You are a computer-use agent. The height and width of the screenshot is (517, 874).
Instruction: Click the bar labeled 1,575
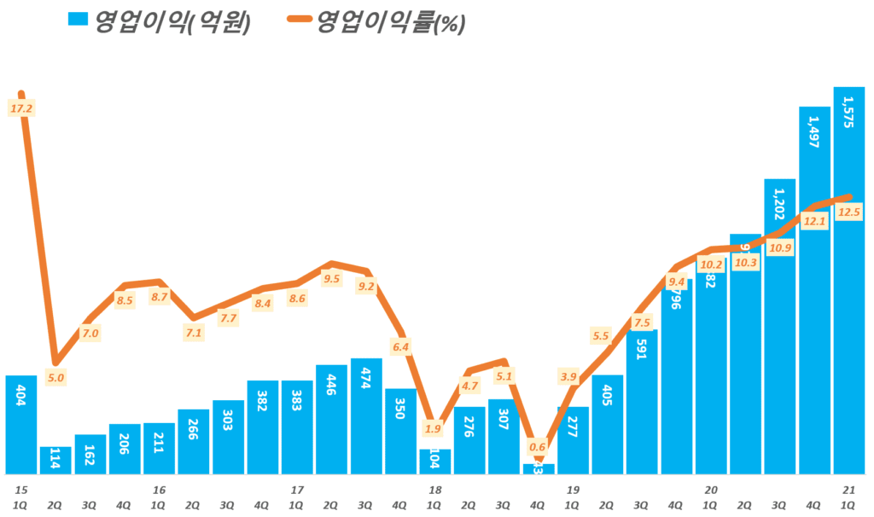[x=848, y=282]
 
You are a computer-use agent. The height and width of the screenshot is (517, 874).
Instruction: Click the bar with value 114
[x=55, y=461]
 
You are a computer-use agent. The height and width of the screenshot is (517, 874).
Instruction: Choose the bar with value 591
[x=642, y=401]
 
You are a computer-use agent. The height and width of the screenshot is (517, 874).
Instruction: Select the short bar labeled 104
[x=435, y=462]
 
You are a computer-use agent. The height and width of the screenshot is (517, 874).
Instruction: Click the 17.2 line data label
[x=20, y=108]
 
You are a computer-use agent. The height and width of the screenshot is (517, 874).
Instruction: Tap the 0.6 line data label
[x=538, y=446]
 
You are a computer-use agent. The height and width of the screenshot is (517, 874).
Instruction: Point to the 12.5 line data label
[x=848, y=213]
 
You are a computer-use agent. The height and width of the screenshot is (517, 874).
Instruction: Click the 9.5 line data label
[x=332, y=278]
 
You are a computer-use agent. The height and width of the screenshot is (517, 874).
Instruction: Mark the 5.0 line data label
[x=56, y=377]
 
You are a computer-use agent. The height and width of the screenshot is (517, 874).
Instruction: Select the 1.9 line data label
[x=434, y=428]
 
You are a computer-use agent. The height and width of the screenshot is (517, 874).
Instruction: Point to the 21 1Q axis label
[x=848, y=497]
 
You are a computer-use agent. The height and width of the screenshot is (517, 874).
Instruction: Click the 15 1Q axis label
[x=20, y=497]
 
